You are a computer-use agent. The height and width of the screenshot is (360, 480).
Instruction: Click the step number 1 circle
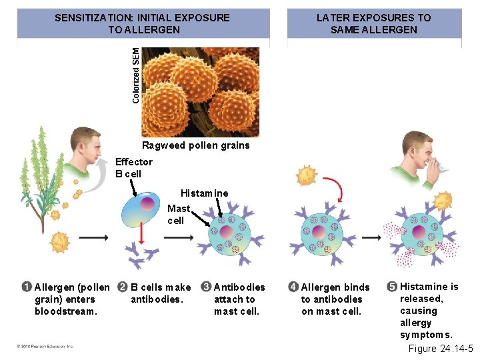click(26, 287)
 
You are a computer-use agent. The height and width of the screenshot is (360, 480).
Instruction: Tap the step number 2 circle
click(122, 287)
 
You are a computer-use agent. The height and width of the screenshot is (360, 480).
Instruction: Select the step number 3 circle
click(206, 287)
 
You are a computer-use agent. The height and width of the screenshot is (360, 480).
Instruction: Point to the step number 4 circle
click(293, 287)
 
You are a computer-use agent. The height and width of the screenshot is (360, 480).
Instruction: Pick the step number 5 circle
click(392, 287)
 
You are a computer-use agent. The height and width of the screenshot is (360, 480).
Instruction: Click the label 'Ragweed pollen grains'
click(195, 145)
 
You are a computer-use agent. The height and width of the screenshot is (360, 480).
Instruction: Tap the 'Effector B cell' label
click(133, 167)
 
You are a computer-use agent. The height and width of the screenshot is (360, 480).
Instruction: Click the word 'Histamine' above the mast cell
click(204, 193)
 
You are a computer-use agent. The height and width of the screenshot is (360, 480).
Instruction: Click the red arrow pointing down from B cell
click(141, 233)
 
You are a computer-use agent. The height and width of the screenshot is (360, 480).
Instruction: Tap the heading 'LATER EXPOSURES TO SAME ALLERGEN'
click(373, 23)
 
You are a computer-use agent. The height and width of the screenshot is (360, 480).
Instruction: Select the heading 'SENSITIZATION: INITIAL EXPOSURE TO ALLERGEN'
click(142, 23)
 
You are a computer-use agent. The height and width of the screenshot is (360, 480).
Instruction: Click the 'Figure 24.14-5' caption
click(441, 349)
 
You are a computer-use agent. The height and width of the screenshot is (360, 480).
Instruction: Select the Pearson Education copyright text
click(45, 346)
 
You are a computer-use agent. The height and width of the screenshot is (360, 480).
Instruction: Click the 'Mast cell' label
click(177, 214)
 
